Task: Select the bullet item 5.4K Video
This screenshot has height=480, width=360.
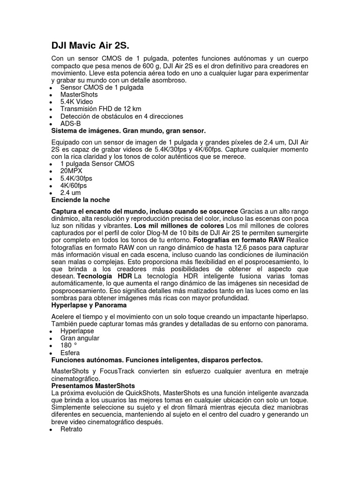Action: (76, 102)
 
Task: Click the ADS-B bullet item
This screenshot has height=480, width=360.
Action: (70, 123)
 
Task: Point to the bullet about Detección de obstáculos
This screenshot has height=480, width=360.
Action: (121, 116)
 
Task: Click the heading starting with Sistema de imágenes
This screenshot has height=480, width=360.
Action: (128, 130)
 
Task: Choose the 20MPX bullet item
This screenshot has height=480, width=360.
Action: (71, 171)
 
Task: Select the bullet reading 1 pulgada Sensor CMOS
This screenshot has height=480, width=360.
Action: (97, 164)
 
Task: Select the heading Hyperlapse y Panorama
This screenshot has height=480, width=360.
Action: (89, 305)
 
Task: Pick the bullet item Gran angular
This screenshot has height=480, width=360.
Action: (80, 338)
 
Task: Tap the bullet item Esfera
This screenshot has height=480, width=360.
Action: (70, 352)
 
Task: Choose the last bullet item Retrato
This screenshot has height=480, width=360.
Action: (71, 428)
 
